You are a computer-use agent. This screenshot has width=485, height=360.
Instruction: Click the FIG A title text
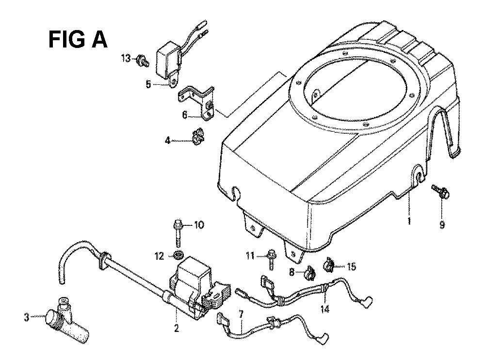(78, 40)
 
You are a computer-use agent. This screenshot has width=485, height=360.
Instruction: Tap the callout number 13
(126, 58)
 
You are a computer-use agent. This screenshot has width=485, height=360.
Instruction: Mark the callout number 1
(409, 221)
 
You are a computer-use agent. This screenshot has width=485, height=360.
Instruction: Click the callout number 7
(241, 314)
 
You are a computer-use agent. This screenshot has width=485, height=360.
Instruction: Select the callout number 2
(177, 328)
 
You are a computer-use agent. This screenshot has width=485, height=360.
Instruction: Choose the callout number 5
(148, 84)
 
